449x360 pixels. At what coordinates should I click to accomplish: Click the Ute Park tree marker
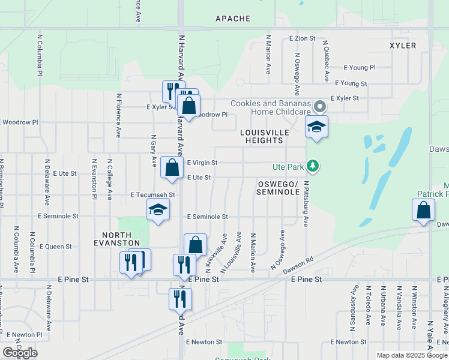[312, 165]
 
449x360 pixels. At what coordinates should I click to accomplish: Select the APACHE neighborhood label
[233, 19]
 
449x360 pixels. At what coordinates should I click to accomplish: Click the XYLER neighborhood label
[402, 46]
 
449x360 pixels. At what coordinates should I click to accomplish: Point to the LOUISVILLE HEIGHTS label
[264, 136]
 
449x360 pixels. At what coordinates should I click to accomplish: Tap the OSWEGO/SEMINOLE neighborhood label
[278, 187]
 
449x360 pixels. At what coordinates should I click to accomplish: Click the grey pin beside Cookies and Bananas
[320, 107]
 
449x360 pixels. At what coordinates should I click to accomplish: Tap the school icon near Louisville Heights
[316, 127]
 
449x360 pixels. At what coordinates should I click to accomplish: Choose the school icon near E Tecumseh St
[158, 210]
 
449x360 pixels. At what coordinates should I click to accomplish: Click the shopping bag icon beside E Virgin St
[172, 168]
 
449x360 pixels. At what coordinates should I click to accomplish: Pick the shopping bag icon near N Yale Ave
[423, 211]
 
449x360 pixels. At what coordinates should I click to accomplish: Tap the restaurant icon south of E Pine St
[180, 299]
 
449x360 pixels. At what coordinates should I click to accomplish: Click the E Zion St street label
[302, 38]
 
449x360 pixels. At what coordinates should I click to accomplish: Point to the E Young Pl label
[359, 68]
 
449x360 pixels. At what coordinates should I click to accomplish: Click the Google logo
[20, 352]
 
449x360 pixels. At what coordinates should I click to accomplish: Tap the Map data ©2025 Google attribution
[411, 355]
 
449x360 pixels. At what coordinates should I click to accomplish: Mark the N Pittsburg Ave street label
[306, 204]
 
